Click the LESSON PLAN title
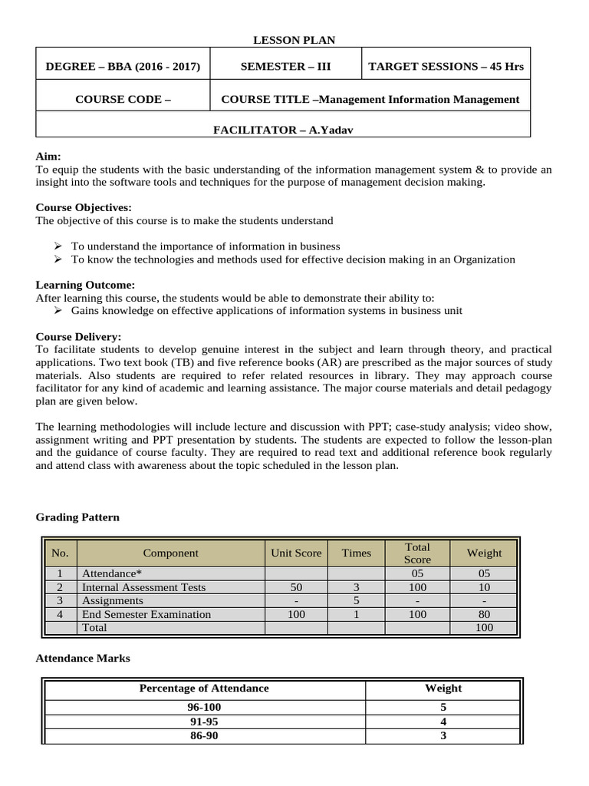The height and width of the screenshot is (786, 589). tap(294, 40)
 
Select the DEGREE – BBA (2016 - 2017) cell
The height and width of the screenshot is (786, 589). tap(123, 67)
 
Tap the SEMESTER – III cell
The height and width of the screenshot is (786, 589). tap(285, 67)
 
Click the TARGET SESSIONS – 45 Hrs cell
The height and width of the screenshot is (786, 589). tap(446, 67)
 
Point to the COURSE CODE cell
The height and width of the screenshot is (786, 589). tap(123, 99)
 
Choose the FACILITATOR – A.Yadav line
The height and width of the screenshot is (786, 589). tap(283, 130)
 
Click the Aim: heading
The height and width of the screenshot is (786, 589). tap(48, 156)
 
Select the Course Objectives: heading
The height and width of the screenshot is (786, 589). tap(84, 207)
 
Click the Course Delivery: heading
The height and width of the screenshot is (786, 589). tap(78, 336)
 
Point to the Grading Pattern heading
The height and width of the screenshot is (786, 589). tap(77, 517)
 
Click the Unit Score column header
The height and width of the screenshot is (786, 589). tap(296, 553)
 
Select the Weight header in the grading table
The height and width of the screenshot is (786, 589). tap(484, 553)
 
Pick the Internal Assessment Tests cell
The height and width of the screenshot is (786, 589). tap(143, 587)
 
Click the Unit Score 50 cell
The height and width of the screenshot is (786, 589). tap(296, 587)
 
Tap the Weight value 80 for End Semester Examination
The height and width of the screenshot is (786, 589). tap(484, 614)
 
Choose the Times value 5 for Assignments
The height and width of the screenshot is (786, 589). tap(356, 600)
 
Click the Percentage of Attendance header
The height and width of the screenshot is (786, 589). tap(204, 688)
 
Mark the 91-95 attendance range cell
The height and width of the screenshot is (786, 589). tap(204, 722)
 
